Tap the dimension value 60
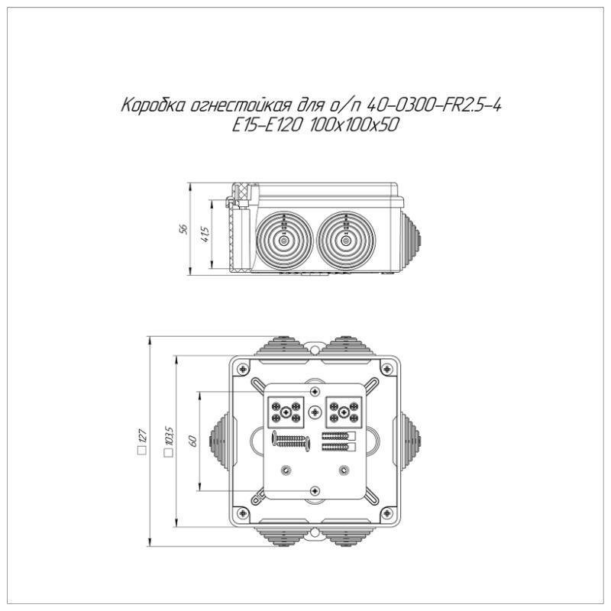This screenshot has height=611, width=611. (193, 441)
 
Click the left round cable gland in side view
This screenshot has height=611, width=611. (283, 241)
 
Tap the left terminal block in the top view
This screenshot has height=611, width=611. (285, 411)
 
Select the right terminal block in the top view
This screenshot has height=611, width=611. (343, 411)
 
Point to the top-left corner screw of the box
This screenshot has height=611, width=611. (243, 368)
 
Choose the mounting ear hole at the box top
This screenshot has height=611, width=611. (314, 348)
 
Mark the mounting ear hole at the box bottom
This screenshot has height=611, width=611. (314, 532)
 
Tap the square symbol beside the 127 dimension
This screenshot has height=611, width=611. (141, 452)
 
